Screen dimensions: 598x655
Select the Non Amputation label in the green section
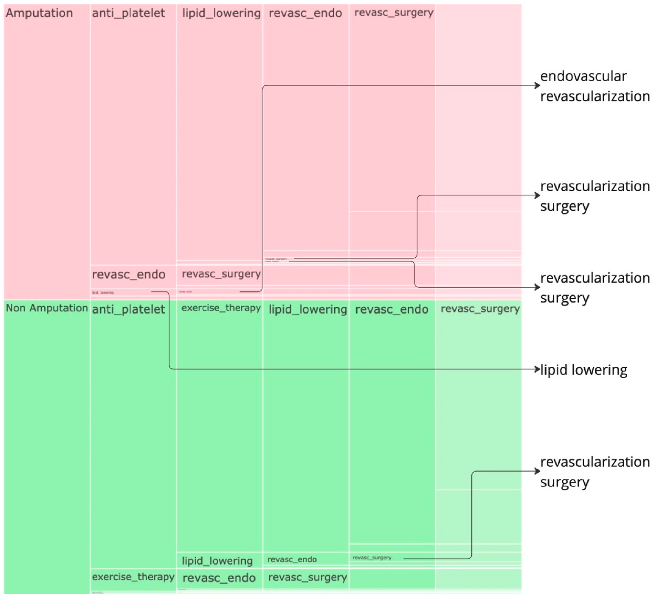pos(47,308)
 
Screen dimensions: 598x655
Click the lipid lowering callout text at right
pos(584,370)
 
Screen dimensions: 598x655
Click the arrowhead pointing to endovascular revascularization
pos(537,85)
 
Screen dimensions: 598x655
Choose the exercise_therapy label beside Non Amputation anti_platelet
pos(221,308)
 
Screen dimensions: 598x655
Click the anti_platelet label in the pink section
pos(129,13)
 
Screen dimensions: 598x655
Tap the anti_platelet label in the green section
pos(129,309)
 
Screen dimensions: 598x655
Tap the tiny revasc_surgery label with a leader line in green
pos(372,558)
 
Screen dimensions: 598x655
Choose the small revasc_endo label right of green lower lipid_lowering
pos(292,559)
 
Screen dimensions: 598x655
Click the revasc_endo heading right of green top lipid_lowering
pos(391,309)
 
